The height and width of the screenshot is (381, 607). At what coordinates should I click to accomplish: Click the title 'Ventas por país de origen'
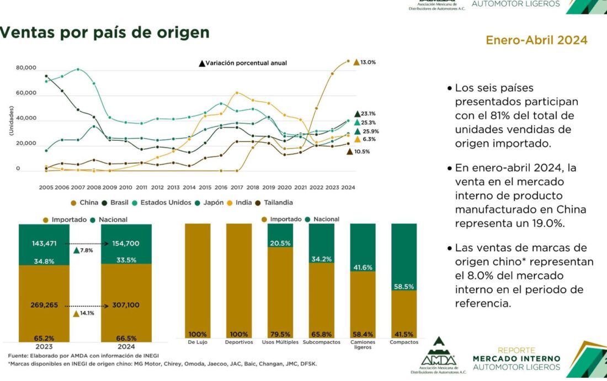coord(105,33)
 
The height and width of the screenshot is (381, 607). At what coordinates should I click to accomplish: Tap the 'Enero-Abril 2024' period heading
coord(536,40)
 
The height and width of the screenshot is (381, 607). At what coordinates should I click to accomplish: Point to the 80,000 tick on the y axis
coord(26,68)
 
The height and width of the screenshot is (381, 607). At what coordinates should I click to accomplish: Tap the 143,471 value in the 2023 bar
coord(44,244)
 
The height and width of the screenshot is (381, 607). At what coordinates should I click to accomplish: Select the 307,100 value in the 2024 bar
coord(126,305)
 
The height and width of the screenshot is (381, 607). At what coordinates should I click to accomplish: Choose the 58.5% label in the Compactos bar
coord(403,287)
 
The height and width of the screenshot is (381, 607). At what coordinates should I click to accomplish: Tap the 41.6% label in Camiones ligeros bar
coord(363,267)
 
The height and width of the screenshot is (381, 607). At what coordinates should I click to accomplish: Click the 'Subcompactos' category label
coord(321,342)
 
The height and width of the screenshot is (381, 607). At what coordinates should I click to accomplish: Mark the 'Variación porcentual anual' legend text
coord(246,63)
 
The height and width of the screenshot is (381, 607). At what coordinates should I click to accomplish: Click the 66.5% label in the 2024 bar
coord(126,338)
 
